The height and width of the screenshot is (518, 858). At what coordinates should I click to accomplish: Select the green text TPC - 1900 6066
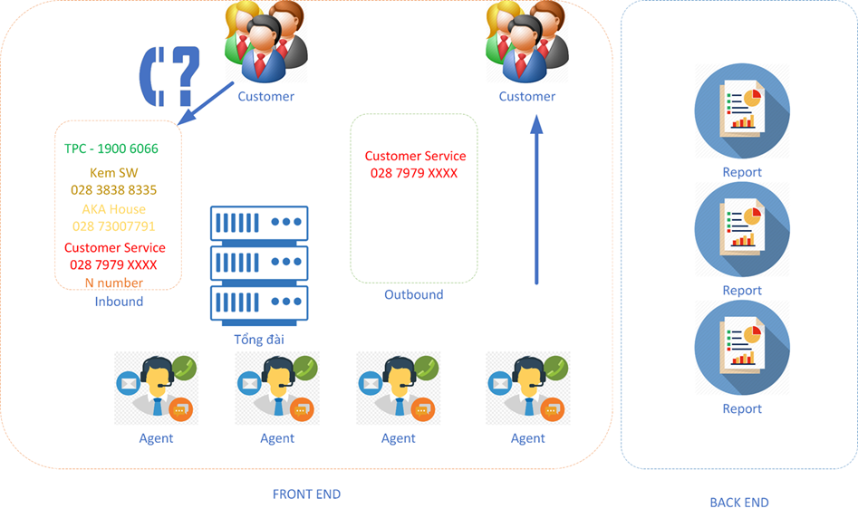click(x=111, y=149)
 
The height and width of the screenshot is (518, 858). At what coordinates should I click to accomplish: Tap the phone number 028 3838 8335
click(x=114, y=190)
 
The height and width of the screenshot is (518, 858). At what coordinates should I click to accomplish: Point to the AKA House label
click(x=114, y=209)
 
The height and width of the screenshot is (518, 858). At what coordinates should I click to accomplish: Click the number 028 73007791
click(x=114, y=226)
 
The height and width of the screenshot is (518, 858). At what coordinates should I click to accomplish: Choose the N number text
click(x=114, y=283)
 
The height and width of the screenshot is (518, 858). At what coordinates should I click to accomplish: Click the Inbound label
click(x=119, y=302)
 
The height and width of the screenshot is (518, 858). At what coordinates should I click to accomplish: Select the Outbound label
click(x=414, y=294)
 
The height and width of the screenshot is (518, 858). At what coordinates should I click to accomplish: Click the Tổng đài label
click(x=259, y=340)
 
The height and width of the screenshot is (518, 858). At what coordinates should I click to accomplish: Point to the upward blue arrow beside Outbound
click(x=536, y=199)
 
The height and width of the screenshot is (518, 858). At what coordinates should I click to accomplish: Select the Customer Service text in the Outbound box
click(x=415, y=157)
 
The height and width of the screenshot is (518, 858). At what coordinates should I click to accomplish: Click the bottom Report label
click(x=742, y=408)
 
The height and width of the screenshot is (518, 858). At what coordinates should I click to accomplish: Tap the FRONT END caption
click(x=306, y=494)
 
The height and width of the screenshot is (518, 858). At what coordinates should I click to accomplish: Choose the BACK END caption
click(x=739, y=503)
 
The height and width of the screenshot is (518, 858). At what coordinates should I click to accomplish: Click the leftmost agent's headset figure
click(x=157, y=388)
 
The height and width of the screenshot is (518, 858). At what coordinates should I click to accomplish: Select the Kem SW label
click(x=114, y=173)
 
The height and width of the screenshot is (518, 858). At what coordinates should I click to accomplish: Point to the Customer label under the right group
click(x=527, y=96)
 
